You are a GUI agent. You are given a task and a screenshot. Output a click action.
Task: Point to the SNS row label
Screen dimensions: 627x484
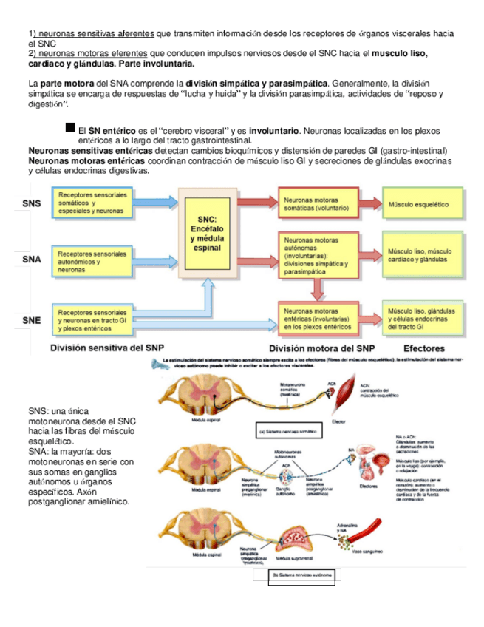(x=31, y=203)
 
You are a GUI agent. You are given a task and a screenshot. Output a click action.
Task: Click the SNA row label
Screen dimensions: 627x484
(x=31, y=260)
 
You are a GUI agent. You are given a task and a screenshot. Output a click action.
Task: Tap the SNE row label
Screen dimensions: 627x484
(x=31, y=319)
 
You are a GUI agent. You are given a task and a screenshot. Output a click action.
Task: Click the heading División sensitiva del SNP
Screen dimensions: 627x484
(x=107, y=348)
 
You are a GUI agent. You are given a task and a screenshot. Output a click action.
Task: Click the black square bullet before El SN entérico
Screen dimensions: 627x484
(x=70, y=129)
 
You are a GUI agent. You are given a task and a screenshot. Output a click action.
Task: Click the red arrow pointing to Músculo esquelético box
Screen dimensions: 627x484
(x=367, y=203)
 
